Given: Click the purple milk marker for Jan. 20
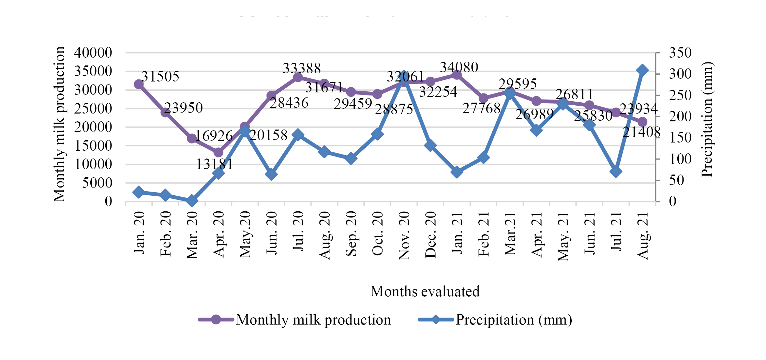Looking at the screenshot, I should pyautogui.click(x=139, y=84).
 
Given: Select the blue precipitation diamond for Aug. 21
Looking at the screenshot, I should pyautogui.click(x=642, y=71).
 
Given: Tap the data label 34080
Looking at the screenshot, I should pyautogui.click(x=459, y=67).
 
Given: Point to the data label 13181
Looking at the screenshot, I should pyautogui.click(x=214, y=164).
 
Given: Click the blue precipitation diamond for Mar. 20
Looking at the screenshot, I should pyautogui.click(x=192, y=200).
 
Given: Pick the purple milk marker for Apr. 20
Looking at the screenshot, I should pyautogui.click(x=219, y=152).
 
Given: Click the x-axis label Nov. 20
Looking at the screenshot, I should pyautogui.click(x=404, y=235).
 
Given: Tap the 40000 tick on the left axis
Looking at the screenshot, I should pyautogui.click(x=93, y=53).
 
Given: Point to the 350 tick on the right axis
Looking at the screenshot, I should pyautogui.click(x=680, y=53).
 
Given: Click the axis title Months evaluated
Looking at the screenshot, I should pyautogui.click(x=425, y=291).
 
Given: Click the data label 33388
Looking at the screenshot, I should pyautogui.click(x=302, y=69).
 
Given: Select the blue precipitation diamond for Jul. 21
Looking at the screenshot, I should pyautogui.click(x=616, y=171).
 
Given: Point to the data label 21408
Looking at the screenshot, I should pyautogui.click(x=641, y=132).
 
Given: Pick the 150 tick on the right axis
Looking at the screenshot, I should pyautogui.click(x=680, y=138).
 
